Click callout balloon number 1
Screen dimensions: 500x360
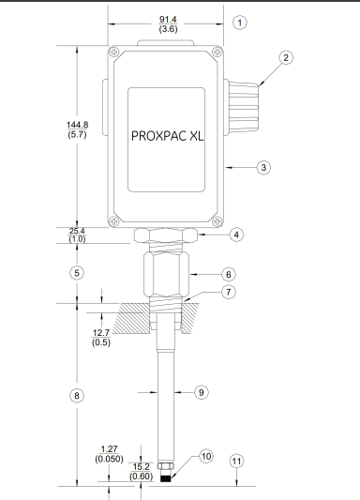241,21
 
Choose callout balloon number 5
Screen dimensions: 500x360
78,272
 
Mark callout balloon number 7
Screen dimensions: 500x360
229,293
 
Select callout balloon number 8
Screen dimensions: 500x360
78,395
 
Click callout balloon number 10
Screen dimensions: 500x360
205,456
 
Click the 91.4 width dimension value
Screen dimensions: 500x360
167,18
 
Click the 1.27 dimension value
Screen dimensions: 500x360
111,447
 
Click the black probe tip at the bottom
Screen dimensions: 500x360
166,477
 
